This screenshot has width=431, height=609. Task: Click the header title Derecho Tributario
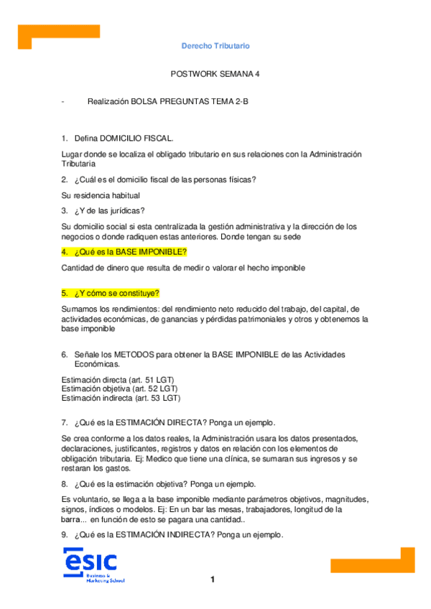click(215, 46)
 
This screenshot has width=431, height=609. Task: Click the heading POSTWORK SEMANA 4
click(215, 73)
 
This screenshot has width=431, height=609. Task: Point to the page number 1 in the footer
click(213, 580)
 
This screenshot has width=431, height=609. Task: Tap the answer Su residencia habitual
click(101, 195)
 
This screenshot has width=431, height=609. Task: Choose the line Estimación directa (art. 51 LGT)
click(119, 379)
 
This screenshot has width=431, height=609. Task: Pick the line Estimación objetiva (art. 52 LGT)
click(120, 389)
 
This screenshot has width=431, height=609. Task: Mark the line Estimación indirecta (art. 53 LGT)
click(121, 398)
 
